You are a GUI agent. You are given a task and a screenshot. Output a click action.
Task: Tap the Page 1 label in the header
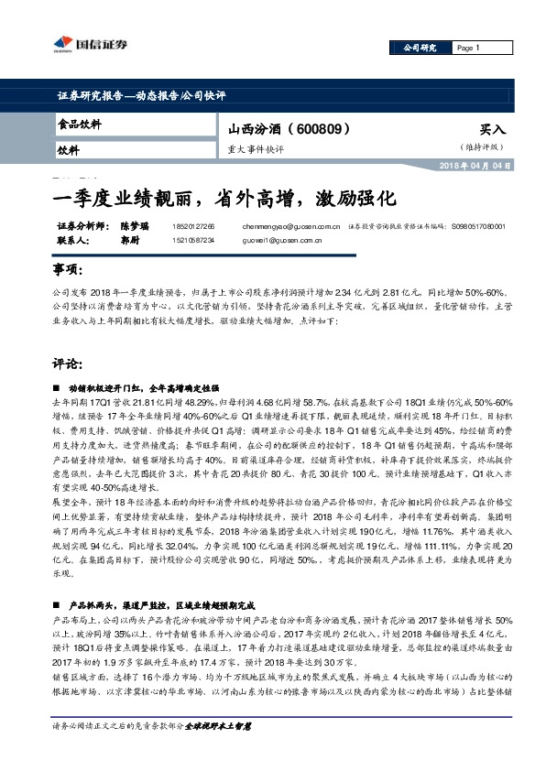[x=465, y=48]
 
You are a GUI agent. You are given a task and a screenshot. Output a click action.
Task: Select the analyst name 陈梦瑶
[x=134, y=225]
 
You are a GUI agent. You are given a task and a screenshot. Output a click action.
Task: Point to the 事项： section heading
[x=70, y=271]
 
